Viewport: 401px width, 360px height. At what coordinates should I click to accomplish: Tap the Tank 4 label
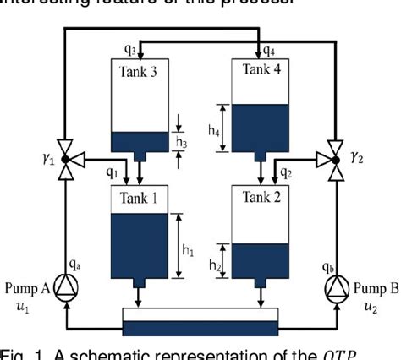pyautogui.click(x=261, y=71)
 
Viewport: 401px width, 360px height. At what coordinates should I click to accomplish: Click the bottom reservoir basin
pyautogui.click(x=200, y=325)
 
